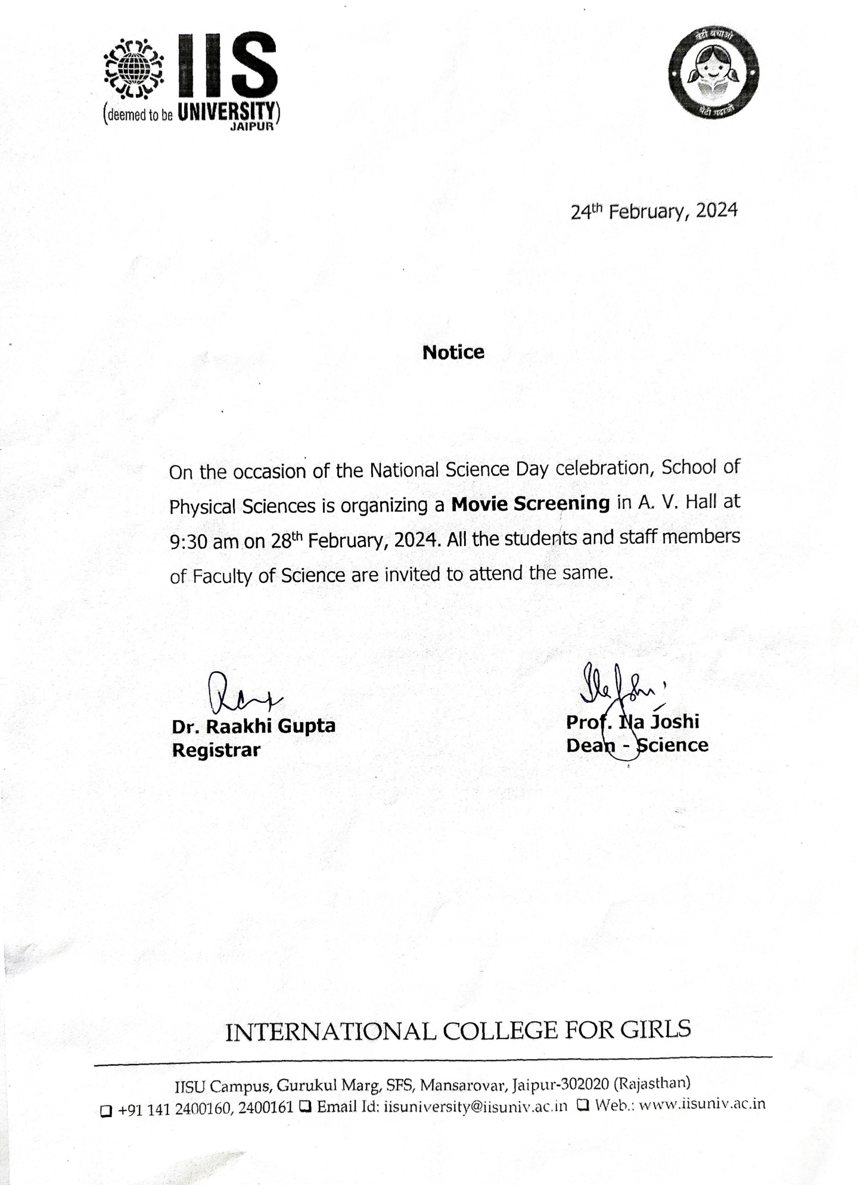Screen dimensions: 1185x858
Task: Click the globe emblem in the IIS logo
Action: pos(133,68)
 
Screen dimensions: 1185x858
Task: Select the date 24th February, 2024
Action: pos(654,211)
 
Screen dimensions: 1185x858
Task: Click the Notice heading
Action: pos(453,352)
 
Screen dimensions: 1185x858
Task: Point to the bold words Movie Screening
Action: pos(530,504)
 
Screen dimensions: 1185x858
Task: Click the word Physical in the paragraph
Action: pos(203,507)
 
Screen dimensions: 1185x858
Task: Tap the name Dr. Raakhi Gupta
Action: pos(253,726)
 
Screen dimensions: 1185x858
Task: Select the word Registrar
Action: pos(216,750)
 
